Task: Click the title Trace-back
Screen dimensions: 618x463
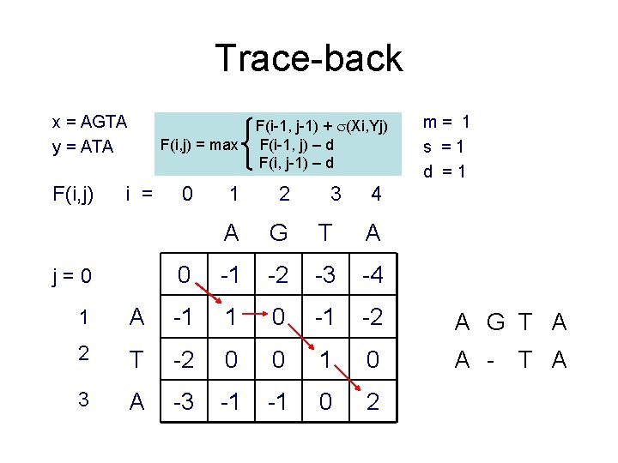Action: (308, 58)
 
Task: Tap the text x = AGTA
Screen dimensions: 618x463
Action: (89, 121)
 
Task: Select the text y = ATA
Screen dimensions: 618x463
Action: (82, 147)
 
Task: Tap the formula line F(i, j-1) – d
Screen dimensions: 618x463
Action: (296, 163)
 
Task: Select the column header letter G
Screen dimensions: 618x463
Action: (278, 232)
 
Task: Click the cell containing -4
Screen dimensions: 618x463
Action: (373, 276)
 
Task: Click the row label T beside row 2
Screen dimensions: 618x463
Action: (137, 361)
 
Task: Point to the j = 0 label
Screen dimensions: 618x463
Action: (71, 276)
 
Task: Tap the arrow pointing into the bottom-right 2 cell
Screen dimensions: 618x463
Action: (350, 382)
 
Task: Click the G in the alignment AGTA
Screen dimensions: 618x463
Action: (495, 322)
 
